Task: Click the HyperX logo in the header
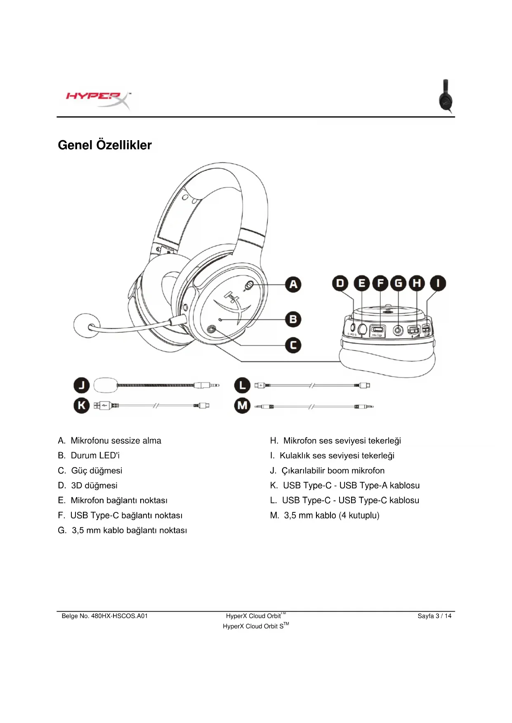[x=98, y=99]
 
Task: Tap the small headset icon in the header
[x=446, y=96]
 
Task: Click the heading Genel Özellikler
[x=105, y=145]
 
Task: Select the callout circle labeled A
[x=293, y=284]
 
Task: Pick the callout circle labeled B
[x=293, y=319]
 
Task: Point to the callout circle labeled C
[x=293, y=345]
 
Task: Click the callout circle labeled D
[x=340, y=283]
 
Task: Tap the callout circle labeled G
[x=399, y=283]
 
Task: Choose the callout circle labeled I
[x=438, y=283]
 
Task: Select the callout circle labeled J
[x=82, y=385]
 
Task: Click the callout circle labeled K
[x=82, y=406]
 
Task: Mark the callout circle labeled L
[x=242, y=385]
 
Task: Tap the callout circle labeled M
[x=242, y=406]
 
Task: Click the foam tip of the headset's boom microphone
[x=86, y=326]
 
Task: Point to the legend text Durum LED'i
[x=95, y=455]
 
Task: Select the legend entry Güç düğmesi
[x=97, y=471]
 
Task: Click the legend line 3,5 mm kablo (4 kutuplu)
[x=331, y=515]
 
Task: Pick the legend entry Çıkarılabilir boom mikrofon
[x=333, y=471]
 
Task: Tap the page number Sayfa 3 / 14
[x=434, y=616]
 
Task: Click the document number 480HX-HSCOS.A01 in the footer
[x=119, y=616]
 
